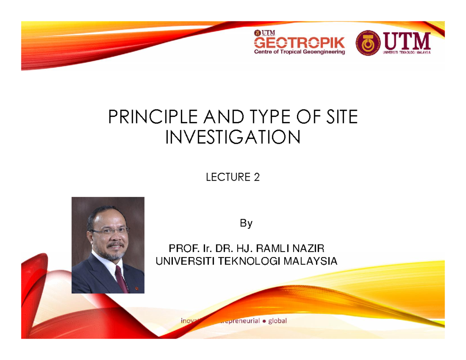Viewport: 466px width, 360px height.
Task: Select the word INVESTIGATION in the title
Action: point(233,136)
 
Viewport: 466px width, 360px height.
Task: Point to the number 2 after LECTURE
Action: point(256,178)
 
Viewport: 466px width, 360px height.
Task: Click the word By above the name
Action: point(246,224)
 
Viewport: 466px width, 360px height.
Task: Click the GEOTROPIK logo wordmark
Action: point(299,42)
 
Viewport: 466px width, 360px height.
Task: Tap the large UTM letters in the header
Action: point(407,40)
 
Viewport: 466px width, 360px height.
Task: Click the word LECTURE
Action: point(227,178)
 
